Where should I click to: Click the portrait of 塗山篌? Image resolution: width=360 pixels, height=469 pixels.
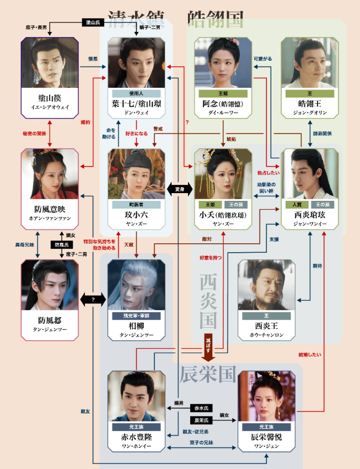pyautogui.click(x=50, y=62)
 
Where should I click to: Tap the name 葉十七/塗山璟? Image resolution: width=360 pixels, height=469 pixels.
pyautogui.click(x=136, y=104)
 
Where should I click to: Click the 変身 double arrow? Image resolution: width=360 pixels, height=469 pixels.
pyautogui.click(x=179, y=189)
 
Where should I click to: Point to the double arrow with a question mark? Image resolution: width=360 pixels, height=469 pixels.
pyautogui.click(x=93, y=299)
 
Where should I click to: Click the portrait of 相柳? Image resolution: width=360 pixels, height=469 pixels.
pyautogui.click(x=136, y=285)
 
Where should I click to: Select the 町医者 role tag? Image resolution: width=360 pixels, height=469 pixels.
pyautogui.click(x=136, y=204)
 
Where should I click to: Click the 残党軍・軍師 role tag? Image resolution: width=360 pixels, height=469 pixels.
pyautogui.click(x=136, y=316)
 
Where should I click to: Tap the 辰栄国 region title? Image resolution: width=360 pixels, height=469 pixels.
pyautogui.click(x=208, y=375)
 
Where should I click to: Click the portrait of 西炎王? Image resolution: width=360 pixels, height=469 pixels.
pyautogui.click(x=266, y=285)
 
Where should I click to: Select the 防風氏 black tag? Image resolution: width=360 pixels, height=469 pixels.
pyautogui.click(x=62, y=244)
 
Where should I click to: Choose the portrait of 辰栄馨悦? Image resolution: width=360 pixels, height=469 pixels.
pyautogui.click(x=266, y=396)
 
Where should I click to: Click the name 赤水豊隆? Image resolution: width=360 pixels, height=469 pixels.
pyautogui.click(x=136, y=436)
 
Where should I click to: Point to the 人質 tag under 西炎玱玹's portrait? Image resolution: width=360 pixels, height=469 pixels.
pyautogui.click(x=297, y=204)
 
